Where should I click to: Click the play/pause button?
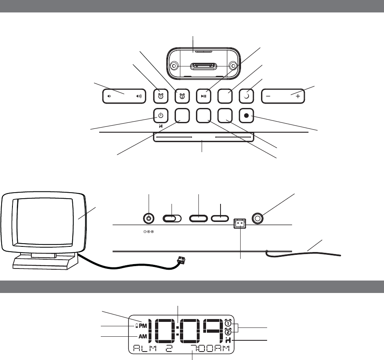204,96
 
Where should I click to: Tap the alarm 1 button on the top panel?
161,96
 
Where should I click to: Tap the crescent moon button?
245,96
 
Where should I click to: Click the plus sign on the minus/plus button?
298,96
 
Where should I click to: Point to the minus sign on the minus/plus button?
268,96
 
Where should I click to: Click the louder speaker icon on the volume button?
139,96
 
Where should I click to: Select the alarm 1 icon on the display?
228,323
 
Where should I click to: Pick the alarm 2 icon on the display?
228,332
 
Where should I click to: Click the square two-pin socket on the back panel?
239,226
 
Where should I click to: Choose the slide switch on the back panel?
172,218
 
